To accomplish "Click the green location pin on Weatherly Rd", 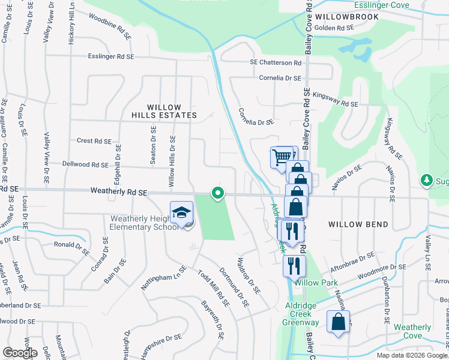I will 218,193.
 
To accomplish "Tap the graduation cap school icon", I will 181,213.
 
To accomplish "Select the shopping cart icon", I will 280,158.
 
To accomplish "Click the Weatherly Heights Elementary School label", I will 143,223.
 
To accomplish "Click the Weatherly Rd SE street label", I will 119,193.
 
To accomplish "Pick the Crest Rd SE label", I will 94,141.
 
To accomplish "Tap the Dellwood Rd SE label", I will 85,164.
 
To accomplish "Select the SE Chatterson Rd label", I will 276,62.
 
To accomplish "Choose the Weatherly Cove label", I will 412,332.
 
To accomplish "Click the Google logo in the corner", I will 20,353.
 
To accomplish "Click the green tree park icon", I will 427,180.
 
